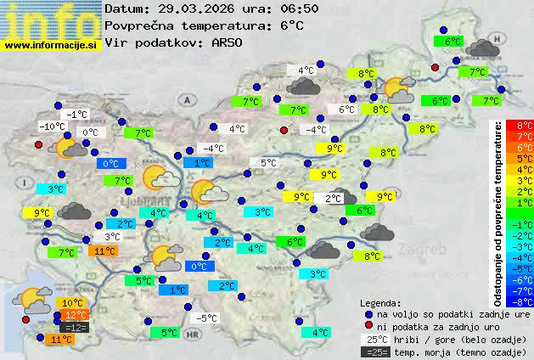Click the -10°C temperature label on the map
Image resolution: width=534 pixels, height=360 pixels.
point(52,127)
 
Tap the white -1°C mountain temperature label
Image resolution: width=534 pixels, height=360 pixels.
point(77,114)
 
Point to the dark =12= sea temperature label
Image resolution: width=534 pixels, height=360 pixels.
point(75,327)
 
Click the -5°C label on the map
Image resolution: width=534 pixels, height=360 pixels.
point(205,318)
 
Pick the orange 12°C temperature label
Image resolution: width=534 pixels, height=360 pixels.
point(76,315)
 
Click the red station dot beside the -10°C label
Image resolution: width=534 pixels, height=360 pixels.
point(38,145)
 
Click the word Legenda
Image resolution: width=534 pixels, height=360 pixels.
point(380,302)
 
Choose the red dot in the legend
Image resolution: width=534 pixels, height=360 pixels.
point(368,326)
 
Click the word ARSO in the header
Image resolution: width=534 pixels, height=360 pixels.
point(228,42)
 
